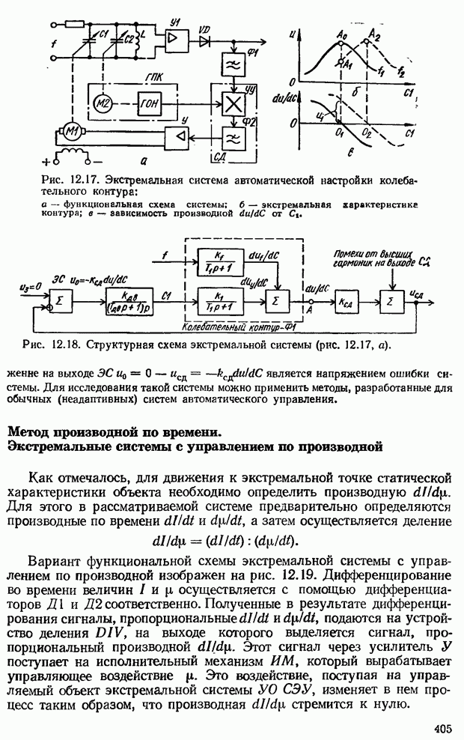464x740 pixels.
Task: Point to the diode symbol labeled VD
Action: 204,37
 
